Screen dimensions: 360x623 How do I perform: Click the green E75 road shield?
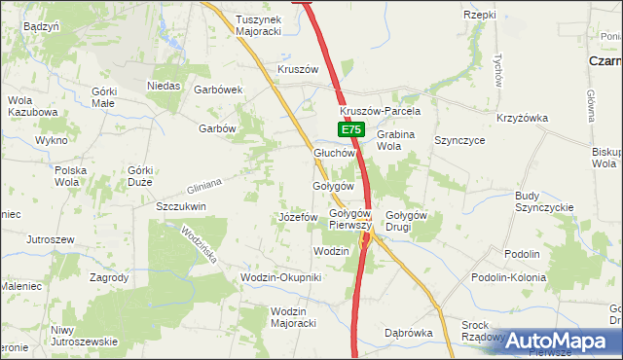[x=351, y=129]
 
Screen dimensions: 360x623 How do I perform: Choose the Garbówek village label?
[x=217, y=90]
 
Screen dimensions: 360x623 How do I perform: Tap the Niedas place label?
[x=165, y=86]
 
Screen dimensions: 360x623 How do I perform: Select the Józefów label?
[x=298, y=216]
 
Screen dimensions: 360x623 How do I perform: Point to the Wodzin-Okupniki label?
[x=280, y=278]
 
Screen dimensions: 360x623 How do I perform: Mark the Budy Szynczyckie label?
[x=545, y=201]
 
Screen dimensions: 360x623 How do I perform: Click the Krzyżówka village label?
[x=522, y=119]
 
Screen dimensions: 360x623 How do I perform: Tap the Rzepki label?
[x=480, y=15]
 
